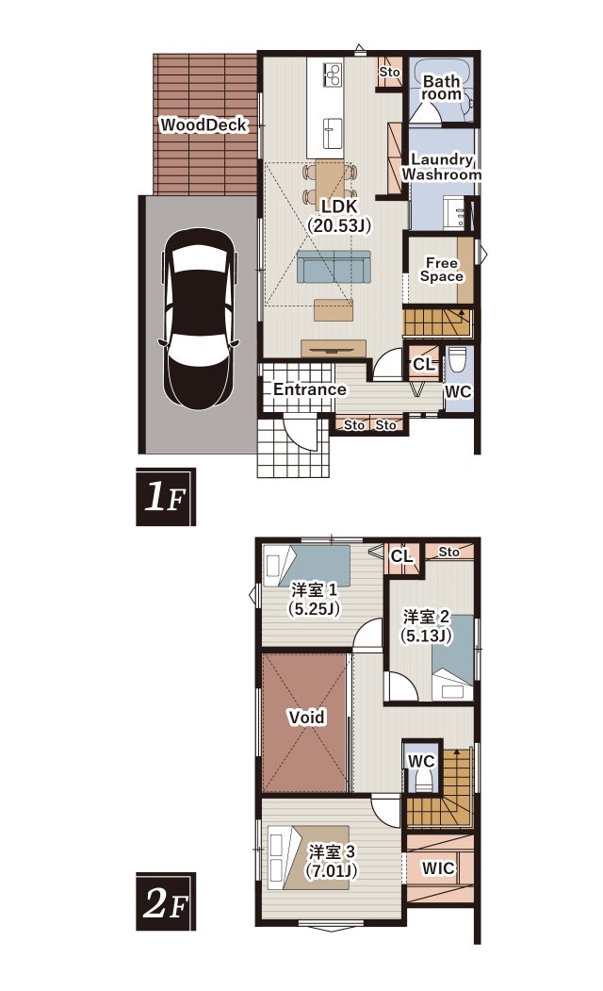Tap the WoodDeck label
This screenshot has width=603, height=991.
point(203,125)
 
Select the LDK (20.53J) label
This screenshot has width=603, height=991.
point(339,216)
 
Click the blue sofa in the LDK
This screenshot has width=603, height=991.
point(334,266)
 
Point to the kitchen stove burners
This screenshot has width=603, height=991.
point(333,74)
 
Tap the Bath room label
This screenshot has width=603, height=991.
point(441,88)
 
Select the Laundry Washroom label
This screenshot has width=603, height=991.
point(441,167)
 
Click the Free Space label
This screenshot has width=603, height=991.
point(441,270)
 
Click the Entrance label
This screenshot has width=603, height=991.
point(309,389)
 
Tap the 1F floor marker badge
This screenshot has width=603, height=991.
point(166,497)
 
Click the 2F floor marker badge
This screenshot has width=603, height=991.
point(166,901)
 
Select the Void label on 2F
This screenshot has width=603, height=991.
point(307,718)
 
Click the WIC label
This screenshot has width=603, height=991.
point(437,869)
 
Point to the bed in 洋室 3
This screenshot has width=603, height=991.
point(306,858)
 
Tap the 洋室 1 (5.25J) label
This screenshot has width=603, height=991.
point(314,599)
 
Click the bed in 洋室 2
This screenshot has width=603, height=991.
point(452,657)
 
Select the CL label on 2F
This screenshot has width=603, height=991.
point(401,556)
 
